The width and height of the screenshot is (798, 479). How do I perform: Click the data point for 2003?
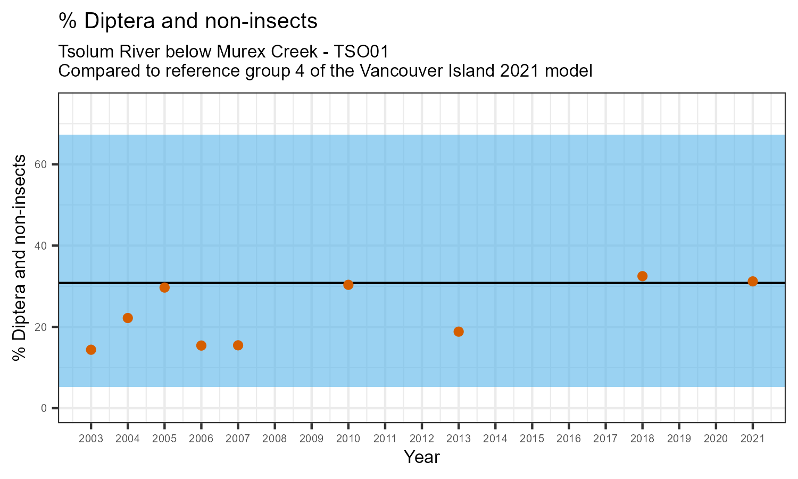pos(91,350)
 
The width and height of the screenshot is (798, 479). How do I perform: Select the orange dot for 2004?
pos(128,318)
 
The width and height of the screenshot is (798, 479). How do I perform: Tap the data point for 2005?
pos(164,287)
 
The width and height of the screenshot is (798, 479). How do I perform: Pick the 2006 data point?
pos(201,345)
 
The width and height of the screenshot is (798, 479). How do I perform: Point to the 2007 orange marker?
pos(238,345)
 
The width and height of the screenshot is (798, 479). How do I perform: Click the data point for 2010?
pos(348,285)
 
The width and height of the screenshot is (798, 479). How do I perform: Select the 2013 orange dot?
pos(459,332)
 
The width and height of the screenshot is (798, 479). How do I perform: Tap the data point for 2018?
pos(642,276)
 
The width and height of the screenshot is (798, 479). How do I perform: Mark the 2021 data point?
pos(752,282)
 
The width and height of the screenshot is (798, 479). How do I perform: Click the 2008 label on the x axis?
pos(275,439)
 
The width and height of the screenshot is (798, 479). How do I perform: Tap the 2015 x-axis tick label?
pos(532,439)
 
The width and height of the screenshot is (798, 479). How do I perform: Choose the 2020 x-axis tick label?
pos(716,439)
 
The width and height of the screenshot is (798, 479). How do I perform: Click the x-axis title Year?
pos(422,457)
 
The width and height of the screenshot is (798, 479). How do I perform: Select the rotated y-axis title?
pos(20,258)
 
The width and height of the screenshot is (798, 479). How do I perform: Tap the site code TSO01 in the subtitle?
pos(361,52)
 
